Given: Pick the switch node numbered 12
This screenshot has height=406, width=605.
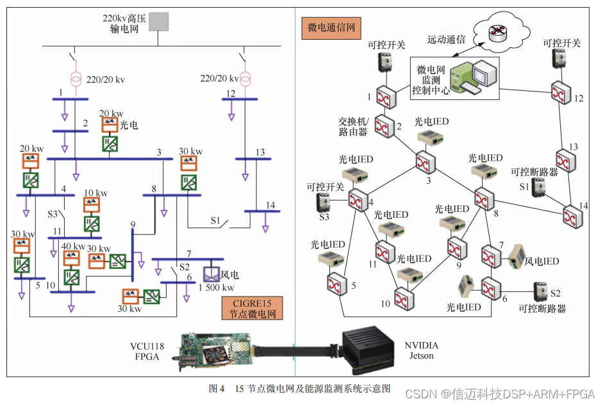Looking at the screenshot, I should pos(562,92).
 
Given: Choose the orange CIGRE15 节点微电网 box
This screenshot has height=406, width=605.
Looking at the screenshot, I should pos(253,308).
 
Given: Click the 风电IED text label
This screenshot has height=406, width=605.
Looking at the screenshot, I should pos(542,261).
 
